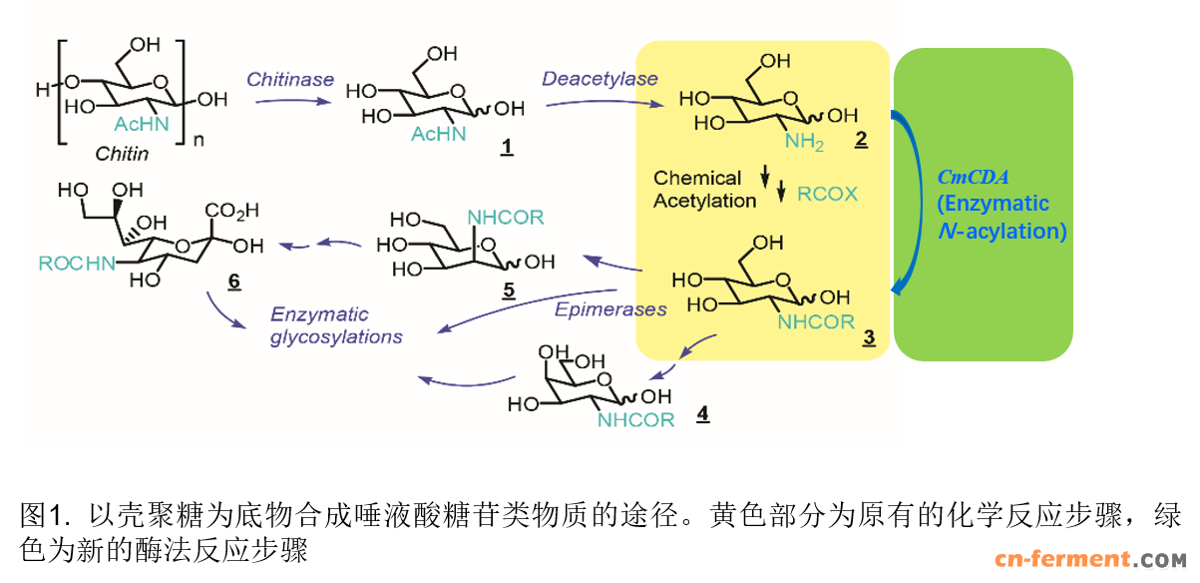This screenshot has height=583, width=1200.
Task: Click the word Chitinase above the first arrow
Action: pyautogui.click(x=290, y=79)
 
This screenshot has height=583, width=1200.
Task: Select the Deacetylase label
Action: pyautogui.click(x=600, y=78)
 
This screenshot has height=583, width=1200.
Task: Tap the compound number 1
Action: pyautogui.click(x=507, y=147)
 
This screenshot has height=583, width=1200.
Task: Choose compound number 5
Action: pyautogui.click(x=507, y=291)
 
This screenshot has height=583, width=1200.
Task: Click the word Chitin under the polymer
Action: pyautogui.click(x=122, y=154)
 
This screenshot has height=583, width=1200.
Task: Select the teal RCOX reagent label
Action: pyautogui.click(x=827, y=193)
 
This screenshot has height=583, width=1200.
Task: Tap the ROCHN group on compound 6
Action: pyautogui.click(x=72, y=265)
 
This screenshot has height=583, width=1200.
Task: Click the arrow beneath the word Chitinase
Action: pyautogui.click(x=289, y=101)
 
